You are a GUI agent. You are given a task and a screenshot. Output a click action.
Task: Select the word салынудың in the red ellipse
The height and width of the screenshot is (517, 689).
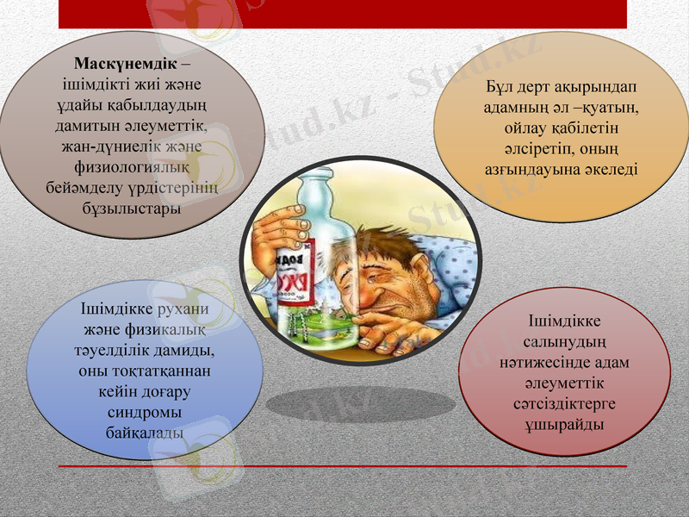point(563,342)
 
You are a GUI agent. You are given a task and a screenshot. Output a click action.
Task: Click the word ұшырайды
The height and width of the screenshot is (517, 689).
point(564,425)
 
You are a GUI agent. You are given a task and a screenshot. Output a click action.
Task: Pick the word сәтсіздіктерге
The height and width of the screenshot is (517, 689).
point(564,404)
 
